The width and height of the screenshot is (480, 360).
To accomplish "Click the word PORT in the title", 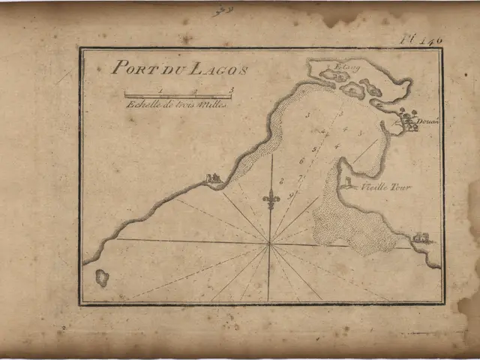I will (130, 67).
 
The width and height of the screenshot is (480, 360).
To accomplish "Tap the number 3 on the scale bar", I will (232, 90).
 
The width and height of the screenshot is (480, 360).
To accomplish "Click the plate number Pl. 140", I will (422, 39).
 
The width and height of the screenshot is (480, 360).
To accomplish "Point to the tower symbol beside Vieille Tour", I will (347, 182).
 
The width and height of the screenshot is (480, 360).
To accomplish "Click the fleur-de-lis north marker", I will (271, 199).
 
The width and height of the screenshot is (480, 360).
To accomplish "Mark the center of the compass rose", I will (270, 244).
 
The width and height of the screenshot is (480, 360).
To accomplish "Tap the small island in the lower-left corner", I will (102, 278).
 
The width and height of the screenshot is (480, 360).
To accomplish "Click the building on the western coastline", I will (213, 178).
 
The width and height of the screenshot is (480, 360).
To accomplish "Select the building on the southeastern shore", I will (422, 238).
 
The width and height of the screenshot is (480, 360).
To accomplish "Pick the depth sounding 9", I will (290, 195).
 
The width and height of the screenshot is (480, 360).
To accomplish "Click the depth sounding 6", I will (301, 160).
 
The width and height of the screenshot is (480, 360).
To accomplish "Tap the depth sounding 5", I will (315, 148).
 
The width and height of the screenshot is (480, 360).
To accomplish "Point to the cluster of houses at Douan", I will (409, 121).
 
